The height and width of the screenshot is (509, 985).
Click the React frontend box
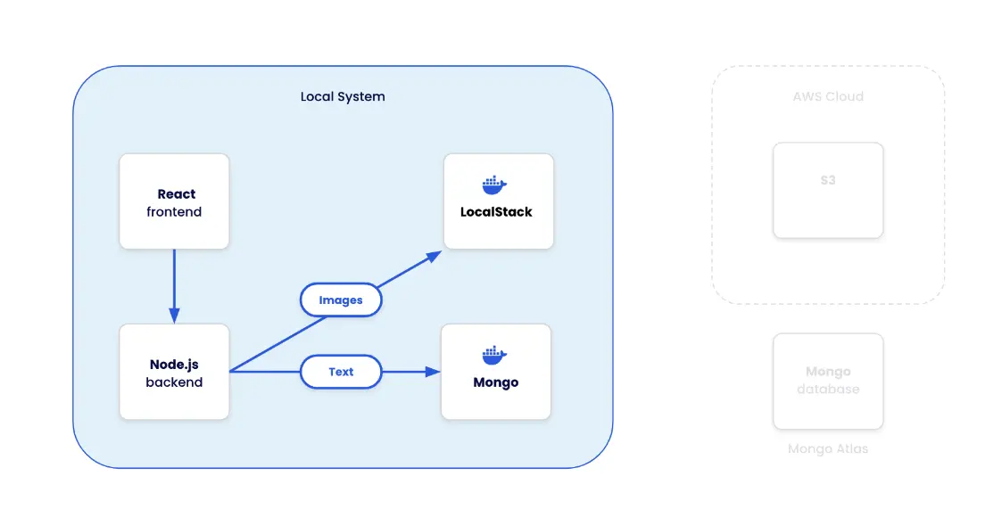174,201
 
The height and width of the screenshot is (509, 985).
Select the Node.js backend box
174,372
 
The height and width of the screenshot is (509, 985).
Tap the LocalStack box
498,201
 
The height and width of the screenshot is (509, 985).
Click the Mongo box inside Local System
495,372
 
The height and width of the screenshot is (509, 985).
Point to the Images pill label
341,300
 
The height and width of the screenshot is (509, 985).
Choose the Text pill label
341,372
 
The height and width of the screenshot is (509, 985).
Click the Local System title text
343,96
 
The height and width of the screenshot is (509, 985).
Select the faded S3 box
828,191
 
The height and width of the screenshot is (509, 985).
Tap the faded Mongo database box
828,382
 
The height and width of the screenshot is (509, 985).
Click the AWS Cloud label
828,96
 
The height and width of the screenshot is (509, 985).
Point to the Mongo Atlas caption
828,448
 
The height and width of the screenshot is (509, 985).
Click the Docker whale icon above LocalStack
494,185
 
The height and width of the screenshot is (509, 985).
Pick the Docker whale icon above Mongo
494,355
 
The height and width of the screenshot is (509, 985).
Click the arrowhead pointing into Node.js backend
174,315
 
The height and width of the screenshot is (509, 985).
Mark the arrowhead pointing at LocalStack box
434,257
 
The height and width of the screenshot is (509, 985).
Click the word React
177,193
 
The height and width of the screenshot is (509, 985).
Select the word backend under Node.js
174,382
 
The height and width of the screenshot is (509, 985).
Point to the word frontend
174,212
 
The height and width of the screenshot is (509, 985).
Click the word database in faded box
828,390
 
